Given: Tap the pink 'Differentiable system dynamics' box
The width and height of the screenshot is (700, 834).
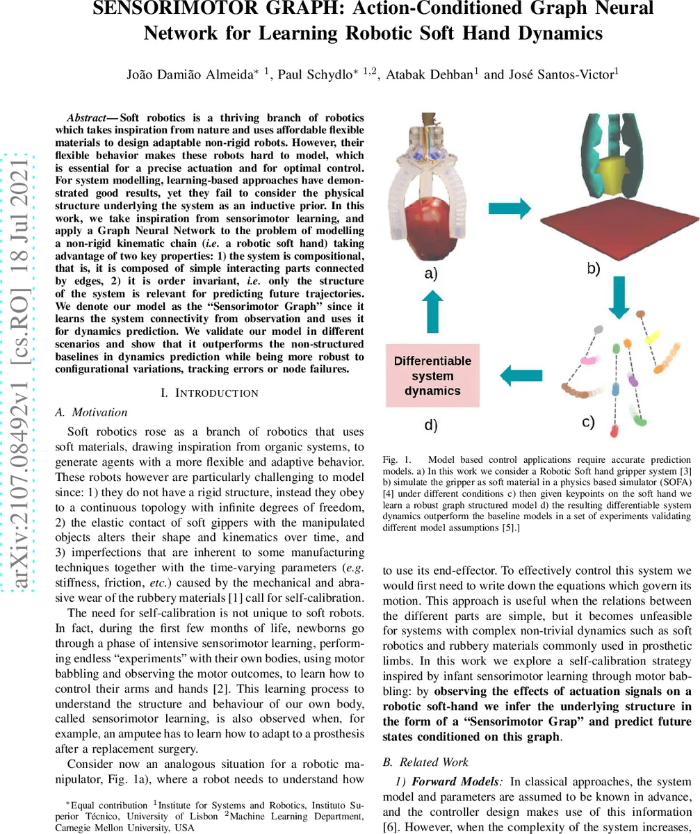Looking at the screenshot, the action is pos(432,376).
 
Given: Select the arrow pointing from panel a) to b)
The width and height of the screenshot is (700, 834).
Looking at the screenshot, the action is pos(510,207).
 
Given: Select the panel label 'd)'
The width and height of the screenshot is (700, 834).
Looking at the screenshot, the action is pos(431,425).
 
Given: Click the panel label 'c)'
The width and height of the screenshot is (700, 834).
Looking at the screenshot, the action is pos(587,421).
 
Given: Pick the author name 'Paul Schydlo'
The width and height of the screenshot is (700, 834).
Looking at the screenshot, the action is pos(311,74).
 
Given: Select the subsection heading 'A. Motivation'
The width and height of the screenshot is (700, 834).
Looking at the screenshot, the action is pos(90,412).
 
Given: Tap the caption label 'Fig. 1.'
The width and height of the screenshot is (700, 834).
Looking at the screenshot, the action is pos(396,459).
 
